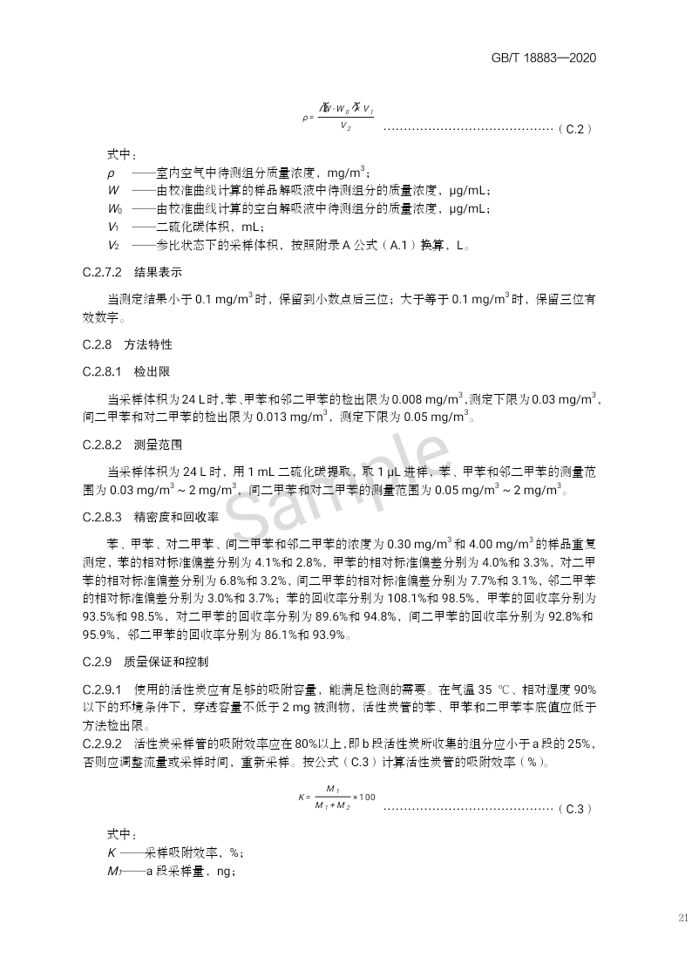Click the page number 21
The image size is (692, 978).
(x=682, y=917)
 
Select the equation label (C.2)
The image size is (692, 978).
(x=574, y=128)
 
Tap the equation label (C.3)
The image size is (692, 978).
(x=574, y=808)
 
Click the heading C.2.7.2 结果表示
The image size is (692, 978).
(x=132, y=272)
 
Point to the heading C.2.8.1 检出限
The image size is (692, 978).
(x=127, y=372)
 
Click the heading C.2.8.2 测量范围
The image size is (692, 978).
(x=132, y=445)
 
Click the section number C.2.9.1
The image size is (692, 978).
(x=102, y=689)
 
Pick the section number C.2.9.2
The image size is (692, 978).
(x=102, y=744)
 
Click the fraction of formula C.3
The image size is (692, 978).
(x=332, y=797)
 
